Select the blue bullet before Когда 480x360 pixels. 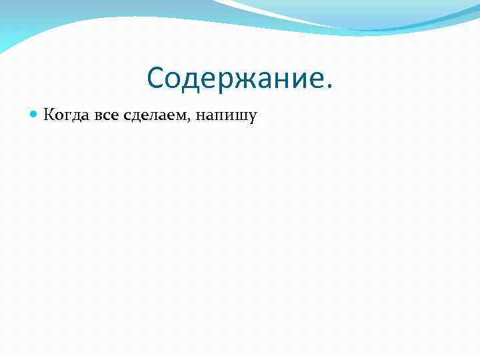tap(34, 115)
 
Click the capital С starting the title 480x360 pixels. tap(156, 78)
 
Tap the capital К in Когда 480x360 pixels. tap(48, 115)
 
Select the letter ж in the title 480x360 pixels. tap(244, 80)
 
